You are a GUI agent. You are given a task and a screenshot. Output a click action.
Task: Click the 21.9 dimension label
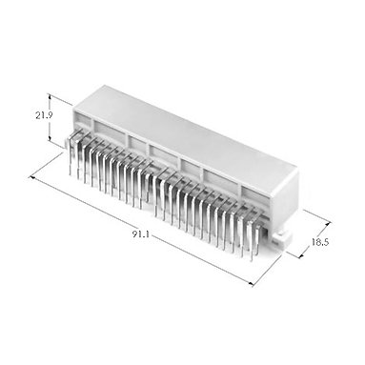tap(44, 115)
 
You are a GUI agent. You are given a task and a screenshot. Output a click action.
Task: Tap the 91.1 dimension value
tap(140, 234)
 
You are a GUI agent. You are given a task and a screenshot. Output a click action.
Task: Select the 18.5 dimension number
tap(320, 242)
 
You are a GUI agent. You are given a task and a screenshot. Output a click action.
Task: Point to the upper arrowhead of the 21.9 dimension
tap(50, 96)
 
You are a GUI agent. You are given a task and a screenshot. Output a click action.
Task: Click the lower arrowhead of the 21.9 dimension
tap(50, 138)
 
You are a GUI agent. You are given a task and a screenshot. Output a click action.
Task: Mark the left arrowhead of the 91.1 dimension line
tap(31, 177)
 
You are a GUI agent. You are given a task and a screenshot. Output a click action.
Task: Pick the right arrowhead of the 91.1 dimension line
tap(252, 283)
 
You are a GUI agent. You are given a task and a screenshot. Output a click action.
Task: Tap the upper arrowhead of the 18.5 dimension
tap(328, 224)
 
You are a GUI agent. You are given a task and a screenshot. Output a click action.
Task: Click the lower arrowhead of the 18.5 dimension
tap(301, 255)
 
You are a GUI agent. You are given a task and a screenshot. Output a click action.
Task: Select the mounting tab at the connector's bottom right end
tap(282, 238)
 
